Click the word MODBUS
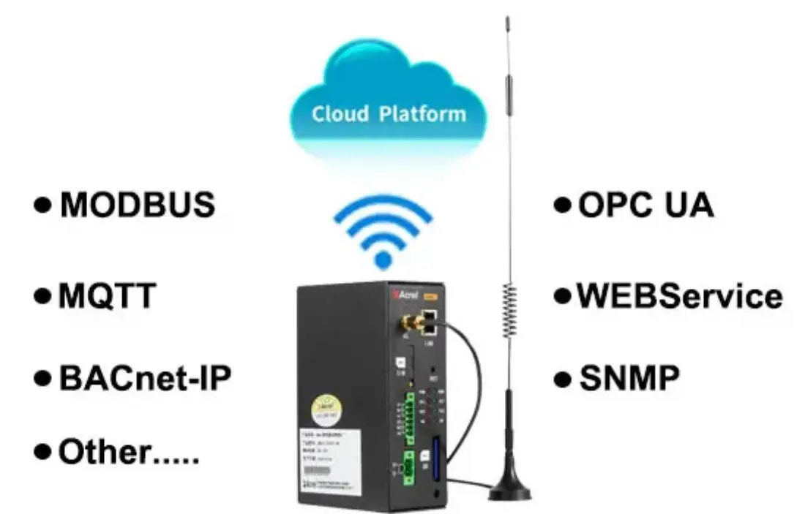[x=138, y=205]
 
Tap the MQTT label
[x=107, y=296]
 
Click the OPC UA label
[x=645, y=205]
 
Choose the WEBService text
[x=679, y=296]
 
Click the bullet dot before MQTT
[x=43, y=297]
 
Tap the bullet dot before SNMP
[x=562, y=379]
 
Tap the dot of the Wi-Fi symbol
[x=383, y=258]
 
